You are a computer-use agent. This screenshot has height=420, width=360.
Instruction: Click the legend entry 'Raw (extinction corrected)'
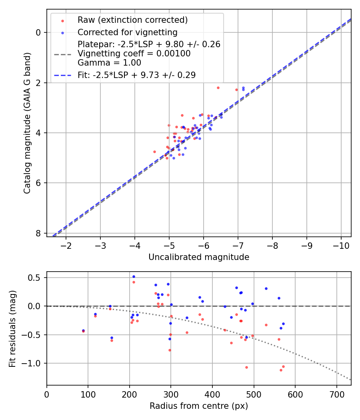click(132, 20)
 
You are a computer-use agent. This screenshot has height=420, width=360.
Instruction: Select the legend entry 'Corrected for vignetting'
click(128, 32)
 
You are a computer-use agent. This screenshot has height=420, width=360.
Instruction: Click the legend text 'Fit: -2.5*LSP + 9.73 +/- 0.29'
click(136, 75)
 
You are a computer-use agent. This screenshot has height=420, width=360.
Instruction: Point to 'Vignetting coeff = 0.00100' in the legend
click(134, 53)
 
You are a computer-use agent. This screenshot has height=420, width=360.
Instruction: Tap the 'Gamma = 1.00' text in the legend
click(109, 62)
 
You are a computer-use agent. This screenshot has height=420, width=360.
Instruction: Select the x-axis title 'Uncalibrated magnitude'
click(199, 257)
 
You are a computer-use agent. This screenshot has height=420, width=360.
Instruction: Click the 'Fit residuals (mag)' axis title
click(12, 328)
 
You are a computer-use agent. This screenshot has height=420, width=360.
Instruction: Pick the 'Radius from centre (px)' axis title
click(199, 406)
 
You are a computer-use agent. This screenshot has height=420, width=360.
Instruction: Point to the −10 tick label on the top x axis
click(341, 244)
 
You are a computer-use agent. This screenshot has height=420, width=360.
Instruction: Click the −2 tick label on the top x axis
click(66, 244)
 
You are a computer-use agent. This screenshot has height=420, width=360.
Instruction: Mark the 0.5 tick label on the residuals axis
click(36, 278)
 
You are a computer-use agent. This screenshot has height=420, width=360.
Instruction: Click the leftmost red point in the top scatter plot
click(154, 152)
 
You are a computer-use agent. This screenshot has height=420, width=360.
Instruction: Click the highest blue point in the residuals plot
click(134, 276)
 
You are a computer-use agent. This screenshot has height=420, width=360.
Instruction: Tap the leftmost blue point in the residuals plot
click(83, 330)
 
